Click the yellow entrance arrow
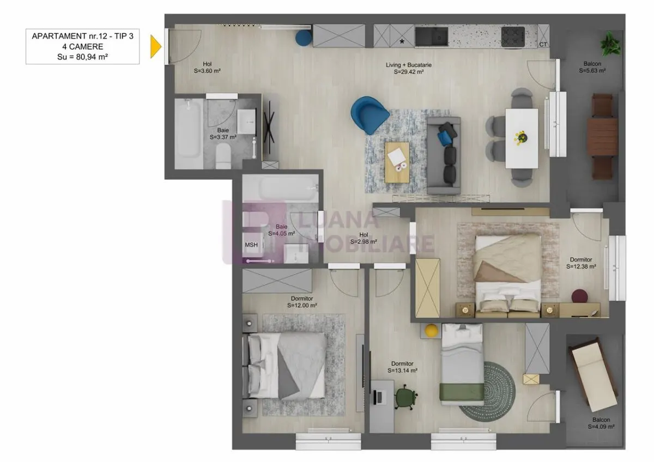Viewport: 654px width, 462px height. [x=156, y=46]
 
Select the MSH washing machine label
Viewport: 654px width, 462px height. [x=251, y=245]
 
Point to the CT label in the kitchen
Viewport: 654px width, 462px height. [x=543, y=44]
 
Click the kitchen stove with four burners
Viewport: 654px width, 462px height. [x=513, y=37]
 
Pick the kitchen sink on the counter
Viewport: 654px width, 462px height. [x=432, y=37]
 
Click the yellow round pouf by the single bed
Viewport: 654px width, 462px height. [x=431, y=331]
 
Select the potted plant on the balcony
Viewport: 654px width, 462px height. [x=610, y=44]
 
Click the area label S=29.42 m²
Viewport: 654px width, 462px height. [x=409, y=72]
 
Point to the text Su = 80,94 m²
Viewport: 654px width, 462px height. [x=83, y=57]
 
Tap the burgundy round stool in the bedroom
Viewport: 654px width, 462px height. [x=579, y=296]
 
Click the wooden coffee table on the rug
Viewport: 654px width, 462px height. [x=397, y=162]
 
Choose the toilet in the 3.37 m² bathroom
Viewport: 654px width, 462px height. [x=223, y=156]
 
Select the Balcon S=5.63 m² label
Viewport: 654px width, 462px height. [x=592, y=67]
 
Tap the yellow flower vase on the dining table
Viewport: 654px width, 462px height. [x=522, y=137]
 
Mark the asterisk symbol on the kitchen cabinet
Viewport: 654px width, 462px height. [x=402, y=42]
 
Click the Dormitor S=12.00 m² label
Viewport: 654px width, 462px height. [x=302, y=302]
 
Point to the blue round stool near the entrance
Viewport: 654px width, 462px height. [x=304, y=38]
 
